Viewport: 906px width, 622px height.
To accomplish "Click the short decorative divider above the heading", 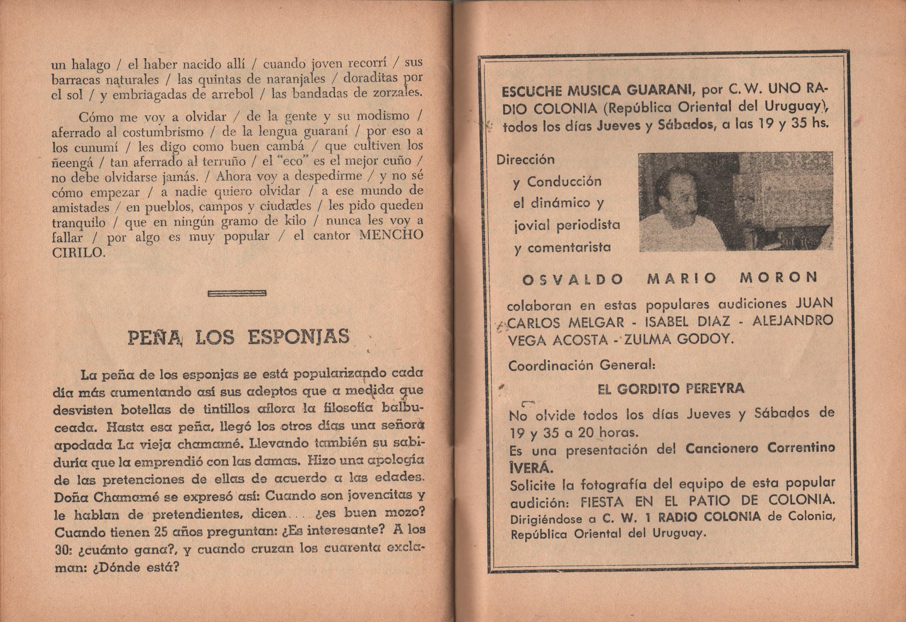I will [237, 293].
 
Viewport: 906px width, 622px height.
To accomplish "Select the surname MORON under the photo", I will [778, 278].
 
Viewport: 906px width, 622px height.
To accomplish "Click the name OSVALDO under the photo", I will [572, 279].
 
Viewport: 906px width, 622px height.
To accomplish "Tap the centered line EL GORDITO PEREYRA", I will [670, 388].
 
